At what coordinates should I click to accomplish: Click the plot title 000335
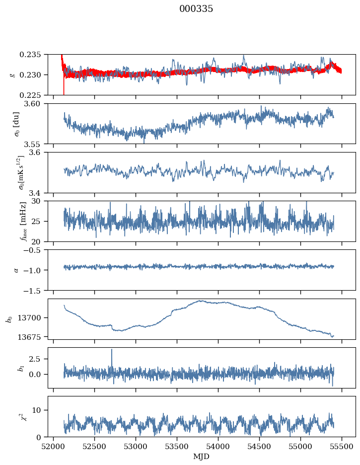point(196,9)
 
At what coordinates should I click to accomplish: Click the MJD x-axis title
point(202,456)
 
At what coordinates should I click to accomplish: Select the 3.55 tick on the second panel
point(38,144)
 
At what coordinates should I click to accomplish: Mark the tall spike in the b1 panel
point(112,350)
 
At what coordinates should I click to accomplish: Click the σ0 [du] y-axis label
point(16,123)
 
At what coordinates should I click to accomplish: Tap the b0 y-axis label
point(8,318)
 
